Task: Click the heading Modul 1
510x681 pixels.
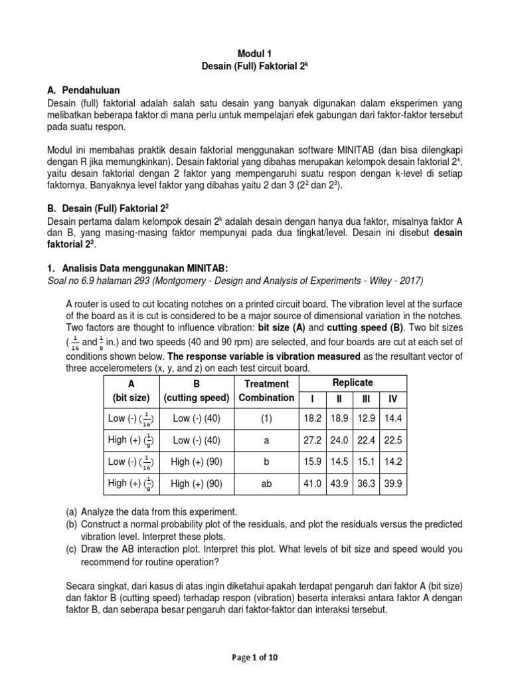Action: click(255, 53)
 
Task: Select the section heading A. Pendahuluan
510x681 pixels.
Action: click(84, 90)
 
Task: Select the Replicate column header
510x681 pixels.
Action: click(353, 383)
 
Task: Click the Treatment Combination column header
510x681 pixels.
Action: click(266, 391)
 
